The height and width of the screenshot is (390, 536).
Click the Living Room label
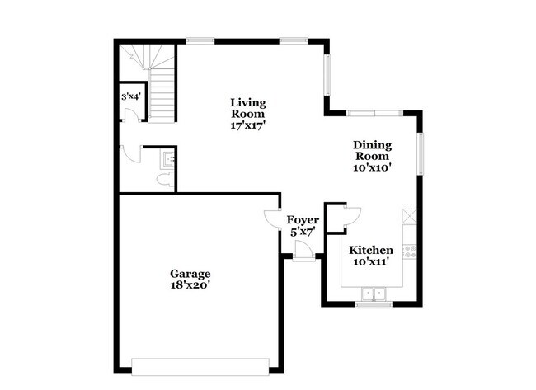(247, 108)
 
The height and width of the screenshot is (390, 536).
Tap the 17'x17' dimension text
(247, 126)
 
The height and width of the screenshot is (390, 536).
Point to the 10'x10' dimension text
(373, 167)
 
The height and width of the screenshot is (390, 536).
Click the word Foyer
(302, 220)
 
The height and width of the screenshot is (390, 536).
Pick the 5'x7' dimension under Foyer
(302, 233)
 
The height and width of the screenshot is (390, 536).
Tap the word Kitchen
(371, 250)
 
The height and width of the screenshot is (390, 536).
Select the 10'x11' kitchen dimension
(371, 262)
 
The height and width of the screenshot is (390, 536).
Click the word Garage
(190, 274)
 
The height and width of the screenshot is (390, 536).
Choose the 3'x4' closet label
(130, 96)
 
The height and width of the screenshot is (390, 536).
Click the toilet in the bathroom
(163, 180)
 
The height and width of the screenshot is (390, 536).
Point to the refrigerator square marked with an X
(410, 216)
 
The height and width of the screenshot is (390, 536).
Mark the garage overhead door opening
(200, 364)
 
